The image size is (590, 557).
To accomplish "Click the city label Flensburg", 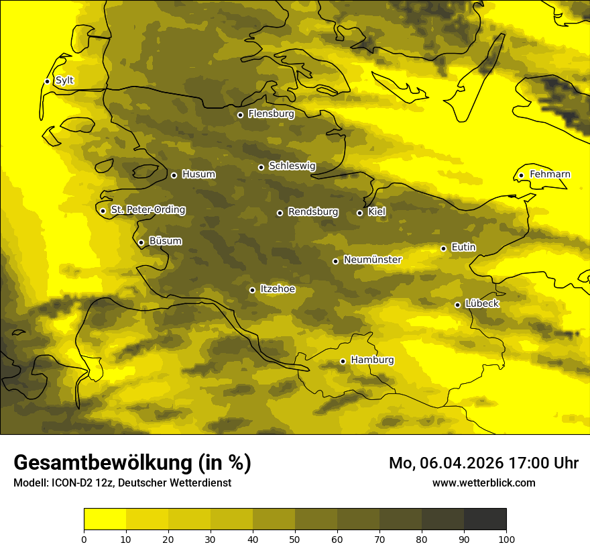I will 271,114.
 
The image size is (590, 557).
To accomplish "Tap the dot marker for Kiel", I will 359,213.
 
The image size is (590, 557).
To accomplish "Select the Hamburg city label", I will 372,360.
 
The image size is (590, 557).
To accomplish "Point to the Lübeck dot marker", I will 457,305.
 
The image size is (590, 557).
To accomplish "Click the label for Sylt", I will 64,81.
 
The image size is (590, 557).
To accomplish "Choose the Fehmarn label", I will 550,174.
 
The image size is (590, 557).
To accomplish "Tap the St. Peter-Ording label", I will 147,210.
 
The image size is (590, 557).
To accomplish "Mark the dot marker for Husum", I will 174,175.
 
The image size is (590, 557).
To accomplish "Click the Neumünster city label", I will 372,260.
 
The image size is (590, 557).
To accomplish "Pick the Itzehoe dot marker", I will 252,290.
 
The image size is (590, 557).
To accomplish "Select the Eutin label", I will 463,248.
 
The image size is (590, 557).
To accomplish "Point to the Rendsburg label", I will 313,212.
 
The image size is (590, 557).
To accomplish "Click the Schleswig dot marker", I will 261,167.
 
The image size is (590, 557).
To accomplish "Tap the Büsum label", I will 165,242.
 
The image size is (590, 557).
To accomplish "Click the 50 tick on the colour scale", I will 295,538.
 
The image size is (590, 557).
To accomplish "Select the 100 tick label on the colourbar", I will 506,538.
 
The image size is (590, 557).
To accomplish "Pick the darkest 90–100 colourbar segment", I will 485,519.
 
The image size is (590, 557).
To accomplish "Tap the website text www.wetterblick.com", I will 483,483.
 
